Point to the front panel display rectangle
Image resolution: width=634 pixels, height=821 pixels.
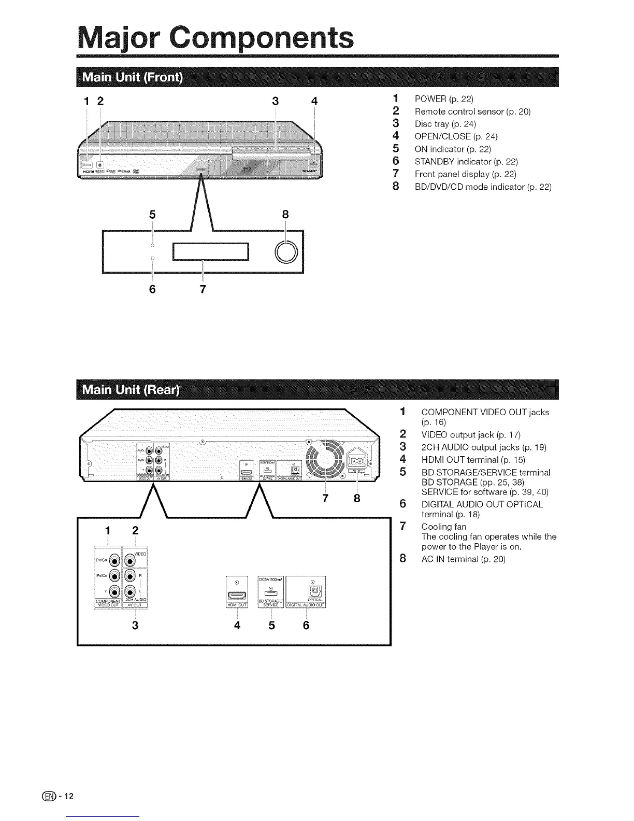pos(211,252)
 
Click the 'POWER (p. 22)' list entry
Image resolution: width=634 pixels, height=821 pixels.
pos(444,99)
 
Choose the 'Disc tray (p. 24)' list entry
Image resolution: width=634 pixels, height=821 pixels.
pos(445,124)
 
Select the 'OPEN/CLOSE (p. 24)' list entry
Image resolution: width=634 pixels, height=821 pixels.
pos(456,136)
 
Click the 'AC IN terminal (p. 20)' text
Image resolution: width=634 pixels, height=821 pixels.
pos(463,559)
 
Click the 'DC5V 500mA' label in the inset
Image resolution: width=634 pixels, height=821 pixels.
pos(270,579)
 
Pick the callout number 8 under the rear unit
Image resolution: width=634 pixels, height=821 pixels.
pos(357,499)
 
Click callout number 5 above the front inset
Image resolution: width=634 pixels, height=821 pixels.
pos(152,215)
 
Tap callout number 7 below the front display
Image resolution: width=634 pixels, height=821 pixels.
pos(203,289)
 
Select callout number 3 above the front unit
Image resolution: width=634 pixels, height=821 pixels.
pos(275,101)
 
